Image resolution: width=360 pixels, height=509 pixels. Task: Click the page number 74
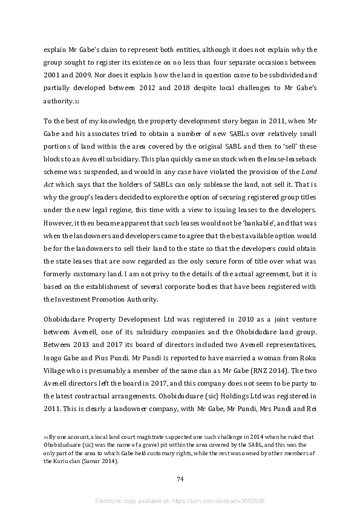click(180, 479)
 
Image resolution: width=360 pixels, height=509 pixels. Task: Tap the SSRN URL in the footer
click(231, 501)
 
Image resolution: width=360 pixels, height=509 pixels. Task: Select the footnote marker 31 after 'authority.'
click(77, 102)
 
